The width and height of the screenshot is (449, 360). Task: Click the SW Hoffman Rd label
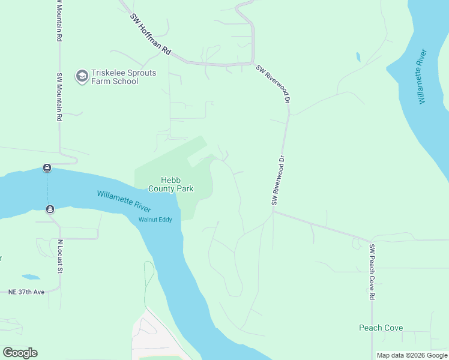[x=151, y=34]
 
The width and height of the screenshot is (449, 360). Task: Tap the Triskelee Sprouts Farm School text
[x=115, y=77]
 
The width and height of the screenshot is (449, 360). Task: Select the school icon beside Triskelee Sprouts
[x=81, y=76]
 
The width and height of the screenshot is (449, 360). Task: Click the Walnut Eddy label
[x=155, y=220]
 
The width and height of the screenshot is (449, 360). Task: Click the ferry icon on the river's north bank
[x=47, y=167]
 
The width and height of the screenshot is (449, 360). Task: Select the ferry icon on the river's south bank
[x=50, y=209]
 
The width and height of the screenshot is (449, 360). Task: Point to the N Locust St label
[x=60, y=257]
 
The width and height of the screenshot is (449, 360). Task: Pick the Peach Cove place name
[x=381, y=328]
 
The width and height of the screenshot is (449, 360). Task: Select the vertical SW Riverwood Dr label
[x=277, y=181]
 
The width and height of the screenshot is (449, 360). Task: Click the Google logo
[x=20, y=352]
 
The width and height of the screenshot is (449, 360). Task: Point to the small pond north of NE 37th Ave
[x=31, y=277]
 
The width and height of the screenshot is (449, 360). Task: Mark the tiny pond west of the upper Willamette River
[x=358, y=57]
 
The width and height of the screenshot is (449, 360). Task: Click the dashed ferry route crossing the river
[x=48, y=188]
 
